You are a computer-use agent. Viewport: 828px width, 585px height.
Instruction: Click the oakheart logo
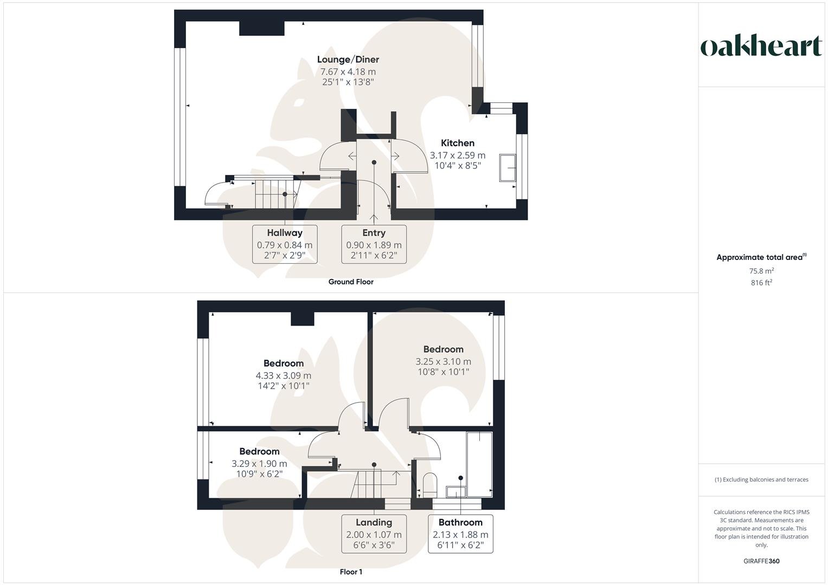[761, 47]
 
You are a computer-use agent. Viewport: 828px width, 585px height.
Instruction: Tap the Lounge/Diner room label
[348, 60]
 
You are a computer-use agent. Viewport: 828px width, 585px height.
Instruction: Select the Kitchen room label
[457, 143]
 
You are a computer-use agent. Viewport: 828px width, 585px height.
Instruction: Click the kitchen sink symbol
[509, 167]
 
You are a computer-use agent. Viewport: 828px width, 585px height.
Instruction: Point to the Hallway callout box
[285, 244]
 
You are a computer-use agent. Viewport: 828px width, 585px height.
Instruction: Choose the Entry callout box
[374, 244]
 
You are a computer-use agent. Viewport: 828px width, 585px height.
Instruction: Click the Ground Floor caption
[351, 282]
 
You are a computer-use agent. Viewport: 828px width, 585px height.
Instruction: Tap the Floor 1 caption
[351, 572]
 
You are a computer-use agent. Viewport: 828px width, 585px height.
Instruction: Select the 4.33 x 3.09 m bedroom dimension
[283, 375]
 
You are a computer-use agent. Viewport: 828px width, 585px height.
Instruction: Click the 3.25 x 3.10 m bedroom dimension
[443, 361]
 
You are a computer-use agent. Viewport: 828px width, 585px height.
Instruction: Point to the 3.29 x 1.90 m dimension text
[259, 464]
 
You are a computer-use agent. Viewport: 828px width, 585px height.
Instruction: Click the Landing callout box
[374, 534]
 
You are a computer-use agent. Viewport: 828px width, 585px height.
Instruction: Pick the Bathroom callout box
[460, 534]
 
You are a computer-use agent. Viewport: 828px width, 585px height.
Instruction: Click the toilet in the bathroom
[429, 483]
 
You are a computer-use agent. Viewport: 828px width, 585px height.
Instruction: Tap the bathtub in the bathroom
[479, 464]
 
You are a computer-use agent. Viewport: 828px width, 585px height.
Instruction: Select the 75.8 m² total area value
[761, 271]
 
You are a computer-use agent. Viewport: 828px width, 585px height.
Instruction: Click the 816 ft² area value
[761, 283]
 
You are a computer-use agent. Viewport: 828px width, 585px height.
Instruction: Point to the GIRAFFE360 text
[761, 561]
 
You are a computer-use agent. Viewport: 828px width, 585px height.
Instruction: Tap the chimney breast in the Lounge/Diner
[262, 28]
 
